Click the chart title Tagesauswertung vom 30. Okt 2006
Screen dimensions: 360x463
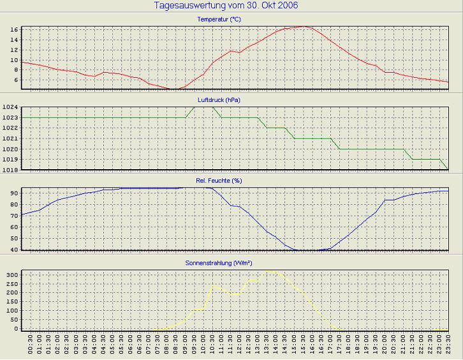pos(226,6)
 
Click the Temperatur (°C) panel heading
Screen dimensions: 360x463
pos(219,20)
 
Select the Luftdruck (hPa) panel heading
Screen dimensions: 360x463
pos(219,100)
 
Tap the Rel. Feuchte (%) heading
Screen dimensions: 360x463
pos(219,181)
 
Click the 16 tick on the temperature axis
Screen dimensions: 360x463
pos(13,30)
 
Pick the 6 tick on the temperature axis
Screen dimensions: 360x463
pos(15,80)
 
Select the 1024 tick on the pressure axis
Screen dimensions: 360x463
pos(9,107)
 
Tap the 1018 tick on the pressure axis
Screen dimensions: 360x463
pos(9,170)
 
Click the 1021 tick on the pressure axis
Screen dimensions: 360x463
pos(9,139)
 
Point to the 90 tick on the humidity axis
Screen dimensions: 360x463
pos(13,193)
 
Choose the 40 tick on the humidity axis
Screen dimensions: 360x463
pos(13,250)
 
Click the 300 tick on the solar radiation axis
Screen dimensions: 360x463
pos(11,274)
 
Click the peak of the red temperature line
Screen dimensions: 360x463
pos(304,27)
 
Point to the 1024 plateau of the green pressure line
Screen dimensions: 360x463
pos(203,107)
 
